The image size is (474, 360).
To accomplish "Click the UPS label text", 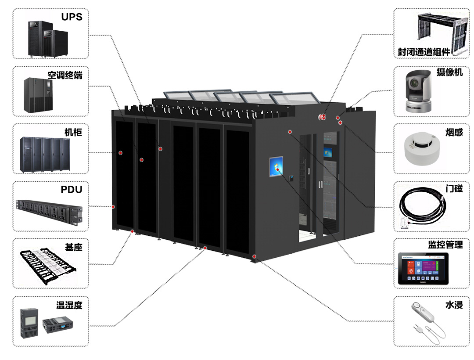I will pyautogui.click(x=72, y=18).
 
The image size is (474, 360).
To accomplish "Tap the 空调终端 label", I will pyautogui.click(x=65, y=75).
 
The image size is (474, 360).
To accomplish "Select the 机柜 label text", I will pyautogui.click(x=73, y=132).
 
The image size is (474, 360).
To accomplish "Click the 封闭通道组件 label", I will pyautogui.click(x=424, y=52).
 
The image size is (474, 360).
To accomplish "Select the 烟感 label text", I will pyautogui.click(x=454, y=132).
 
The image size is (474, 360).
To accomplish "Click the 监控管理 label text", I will pyautogui.click(x=445, y=245).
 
